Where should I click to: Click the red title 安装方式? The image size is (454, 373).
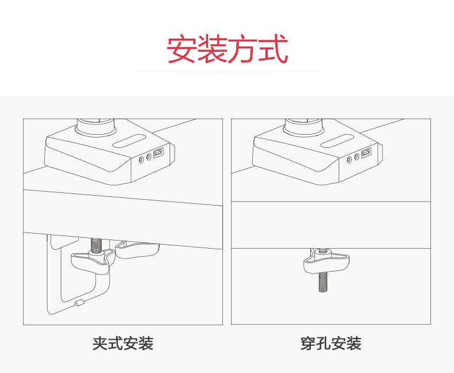pos(227,50)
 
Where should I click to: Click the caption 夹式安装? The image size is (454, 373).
pos(123,344)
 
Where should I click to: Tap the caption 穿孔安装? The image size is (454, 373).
pos(330,344)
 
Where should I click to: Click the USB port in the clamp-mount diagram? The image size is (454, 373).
pos(159,154)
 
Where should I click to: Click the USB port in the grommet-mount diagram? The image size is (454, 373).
pos(367,154)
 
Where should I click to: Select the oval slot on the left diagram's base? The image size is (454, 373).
pos(129,142)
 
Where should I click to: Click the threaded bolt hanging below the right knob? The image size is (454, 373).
pos(324,281)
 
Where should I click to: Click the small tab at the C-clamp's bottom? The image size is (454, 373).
pos(79,303)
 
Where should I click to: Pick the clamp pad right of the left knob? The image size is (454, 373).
pos(138,249)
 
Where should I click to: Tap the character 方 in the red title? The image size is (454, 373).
pos(242,50)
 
